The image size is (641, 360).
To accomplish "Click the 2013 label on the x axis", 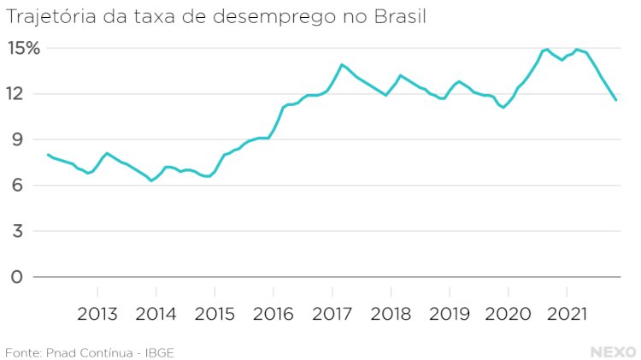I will [x=97, y=313].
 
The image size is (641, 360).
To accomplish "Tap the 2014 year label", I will [x=156, y=313].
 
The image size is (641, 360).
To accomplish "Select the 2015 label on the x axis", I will [x=215, y=313].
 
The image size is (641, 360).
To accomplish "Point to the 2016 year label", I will [x=274, y=313].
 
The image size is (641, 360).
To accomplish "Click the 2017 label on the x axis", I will [x=332, y=313].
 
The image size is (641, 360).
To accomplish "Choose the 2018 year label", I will [x=391, y=313].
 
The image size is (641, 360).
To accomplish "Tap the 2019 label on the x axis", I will [x=450, y=313].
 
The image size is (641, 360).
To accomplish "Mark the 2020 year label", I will [x=509, y=313].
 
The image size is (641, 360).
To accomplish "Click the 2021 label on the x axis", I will [x=567, y=313].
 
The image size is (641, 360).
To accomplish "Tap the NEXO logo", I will [x=613, y=352].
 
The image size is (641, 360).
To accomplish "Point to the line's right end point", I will [x=616, y=101].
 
